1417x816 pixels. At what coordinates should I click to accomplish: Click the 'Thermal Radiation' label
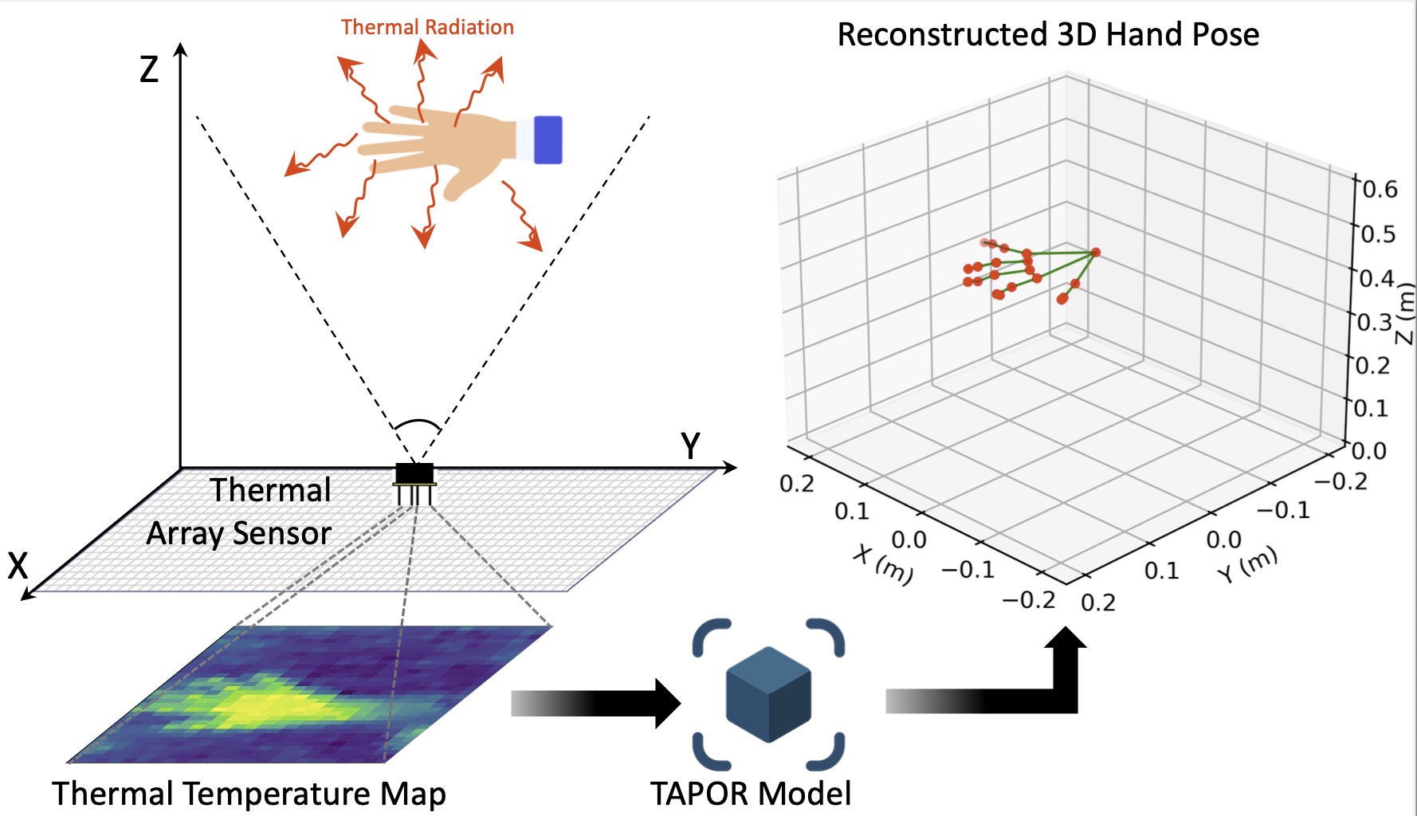427,27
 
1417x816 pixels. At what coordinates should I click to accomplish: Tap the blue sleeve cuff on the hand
548,139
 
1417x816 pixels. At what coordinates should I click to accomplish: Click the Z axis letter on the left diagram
149,69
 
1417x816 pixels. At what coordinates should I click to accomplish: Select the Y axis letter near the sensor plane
690,446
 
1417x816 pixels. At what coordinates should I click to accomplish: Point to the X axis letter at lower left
18,566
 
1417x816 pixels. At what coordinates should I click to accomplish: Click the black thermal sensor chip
414,473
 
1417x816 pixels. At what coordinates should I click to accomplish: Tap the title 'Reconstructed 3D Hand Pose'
1048,34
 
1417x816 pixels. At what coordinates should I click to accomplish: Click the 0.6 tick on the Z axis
1380,190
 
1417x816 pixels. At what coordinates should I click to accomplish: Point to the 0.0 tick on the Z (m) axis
1369,451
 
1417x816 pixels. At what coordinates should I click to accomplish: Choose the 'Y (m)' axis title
1247,563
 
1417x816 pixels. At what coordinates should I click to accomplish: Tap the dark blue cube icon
768,694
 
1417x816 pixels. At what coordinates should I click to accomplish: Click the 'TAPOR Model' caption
751,794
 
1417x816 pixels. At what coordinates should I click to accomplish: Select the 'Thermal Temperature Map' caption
249,794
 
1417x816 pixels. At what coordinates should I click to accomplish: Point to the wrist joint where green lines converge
1095,253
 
